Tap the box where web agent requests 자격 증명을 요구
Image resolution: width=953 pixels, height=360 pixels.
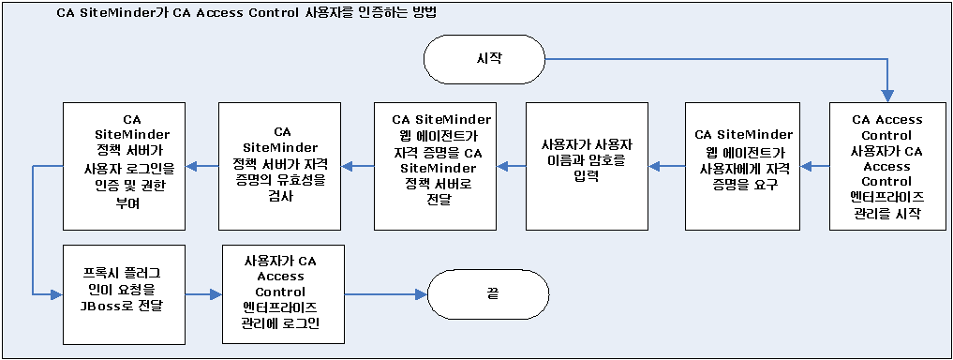tap(745, 166)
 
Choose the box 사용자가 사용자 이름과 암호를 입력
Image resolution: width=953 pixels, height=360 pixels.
tap(587, 166)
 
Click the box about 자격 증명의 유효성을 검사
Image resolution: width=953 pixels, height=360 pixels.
tap(281, 166)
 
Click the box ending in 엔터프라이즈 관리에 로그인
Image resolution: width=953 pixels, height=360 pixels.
tap(281, 293)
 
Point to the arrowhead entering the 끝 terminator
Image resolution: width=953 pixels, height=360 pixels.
tap(421, 293)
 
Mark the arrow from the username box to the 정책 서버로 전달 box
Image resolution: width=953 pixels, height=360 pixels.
tap(511, 166)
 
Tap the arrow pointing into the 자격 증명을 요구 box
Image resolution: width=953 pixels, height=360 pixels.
tap(818, 166)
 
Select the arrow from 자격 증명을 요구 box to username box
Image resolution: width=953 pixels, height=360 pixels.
tap(666, 166)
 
